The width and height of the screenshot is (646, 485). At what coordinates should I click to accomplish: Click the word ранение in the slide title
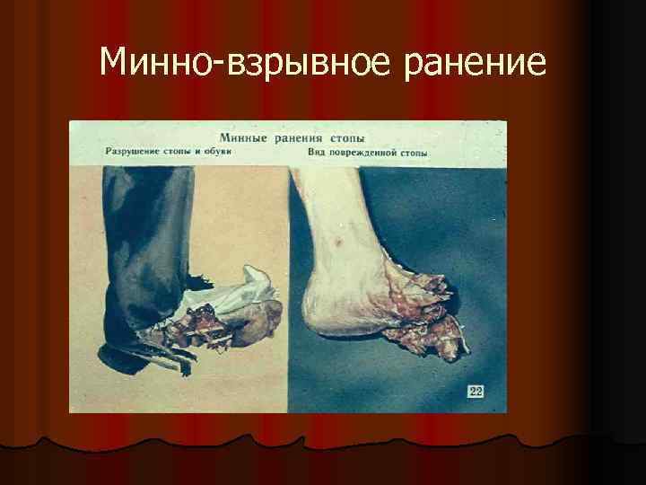click(476, 63)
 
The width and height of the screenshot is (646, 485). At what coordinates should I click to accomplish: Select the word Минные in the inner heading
click(248, 139)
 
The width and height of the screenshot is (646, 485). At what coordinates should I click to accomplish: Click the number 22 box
click(475, 391)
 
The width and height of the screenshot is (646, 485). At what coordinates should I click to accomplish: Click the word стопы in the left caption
click(179, 152)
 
